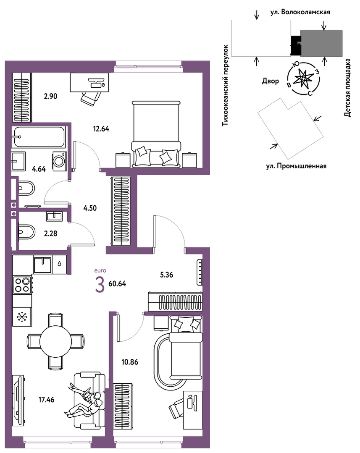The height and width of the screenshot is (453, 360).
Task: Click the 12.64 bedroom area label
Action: pos(101,129)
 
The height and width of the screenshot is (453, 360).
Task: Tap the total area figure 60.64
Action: pos(117,284)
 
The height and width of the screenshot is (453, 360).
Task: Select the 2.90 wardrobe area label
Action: pos(50,96)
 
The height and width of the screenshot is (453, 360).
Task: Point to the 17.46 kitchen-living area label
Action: pos(47,400)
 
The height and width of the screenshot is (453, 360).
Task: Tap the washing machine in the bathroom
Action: pos(59,161)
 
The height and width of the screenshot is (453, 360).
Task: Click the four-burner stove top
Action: pos(22,285)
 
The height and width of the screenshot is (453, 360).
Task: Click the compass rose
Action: pos(303,79)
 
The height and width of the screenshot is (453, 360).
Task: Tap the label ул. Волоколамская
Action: pos(300,12)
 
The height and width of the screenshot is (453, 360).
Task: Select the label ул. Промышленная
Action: pos(296,166)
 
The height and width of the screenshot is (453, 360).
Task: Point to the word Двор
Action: pos(271,81)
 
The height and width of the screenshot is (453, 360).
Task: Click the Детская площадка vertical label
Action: pos(347,88)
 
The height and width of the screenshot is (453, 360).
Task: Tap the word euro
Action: pos(100,271)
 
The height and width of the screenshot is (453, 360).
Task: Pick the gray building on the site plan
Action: pos(321,43)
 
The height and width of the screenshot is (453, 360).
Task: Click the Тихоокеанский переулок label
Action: pos(225,86)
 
